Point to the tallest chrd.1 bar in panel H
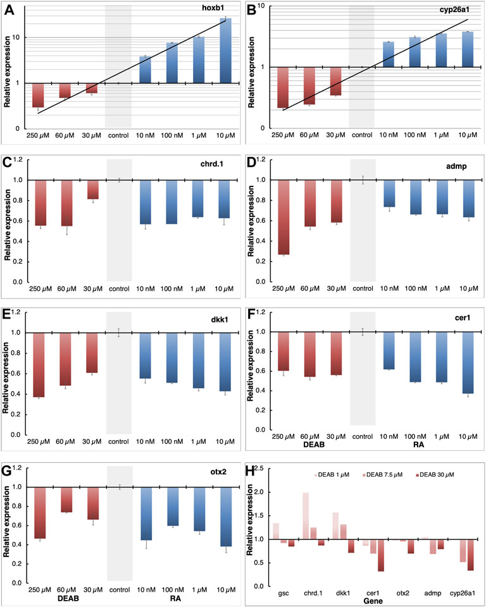[x=306, y=516]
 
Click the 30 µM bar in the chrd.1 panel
[x=92, y=190]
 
